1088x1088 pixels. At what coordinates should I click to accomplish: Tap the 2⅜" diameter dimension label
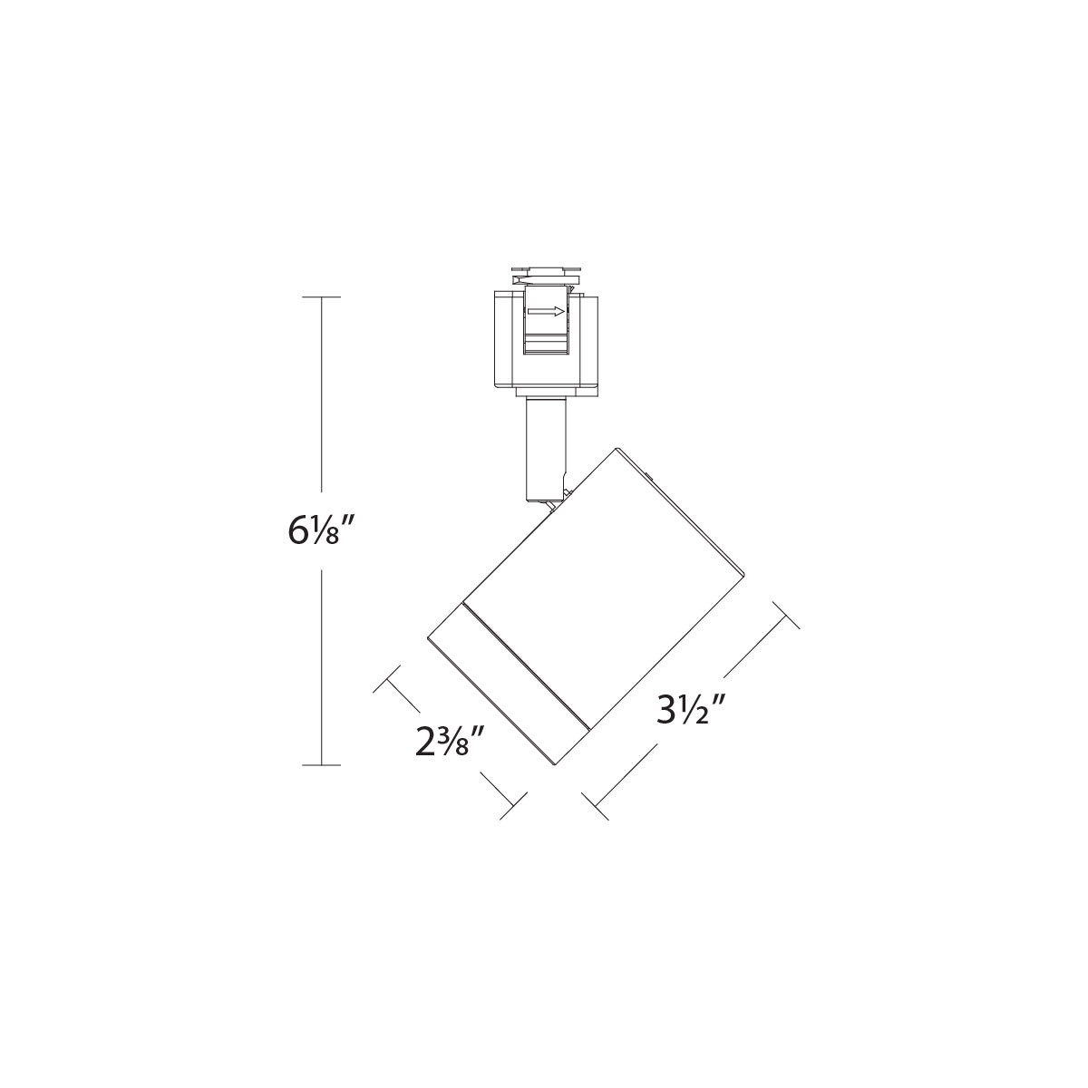(445, 742)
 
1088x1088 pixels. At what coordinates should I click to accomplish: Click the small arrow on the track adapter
(546, 312)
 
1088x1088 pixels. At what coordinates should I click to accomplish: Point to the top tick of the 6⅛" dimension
(321, 296)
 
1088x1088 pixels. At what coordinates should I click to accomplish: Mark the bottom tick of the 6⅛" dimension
(321, 765)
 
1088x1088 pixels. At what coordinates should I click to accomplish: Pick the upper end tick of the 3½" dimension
(785, 614)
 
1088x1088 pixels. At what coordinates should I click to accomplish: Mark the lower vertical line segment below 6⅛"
(321, 666)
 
